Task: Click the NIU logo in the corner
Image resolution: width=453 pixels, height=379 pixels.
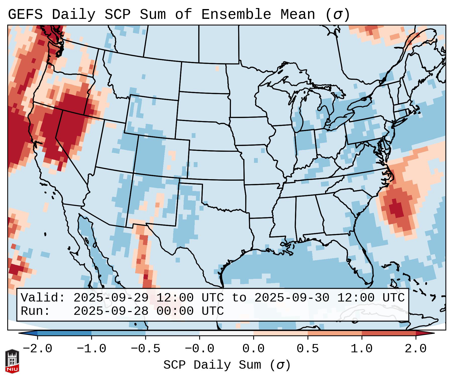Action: [12, 361]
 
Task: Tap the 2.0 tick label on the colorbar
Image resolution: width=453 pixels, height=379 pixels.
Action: [416, 349]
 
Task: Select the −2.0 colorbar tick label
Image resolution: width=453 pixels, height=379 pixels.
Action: [37, 349]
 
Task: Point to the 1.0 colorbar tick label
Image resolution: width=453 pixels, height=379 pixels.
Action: [362, 349]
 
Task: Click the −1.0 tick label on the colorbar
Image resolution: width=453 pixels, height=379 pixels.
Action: [91, 349]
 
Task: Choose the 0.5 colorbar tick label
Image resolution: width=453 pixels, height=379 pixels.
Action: [308, 349]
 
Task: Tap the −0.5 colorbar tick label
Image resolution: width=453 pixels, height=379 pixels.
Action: [145, 349]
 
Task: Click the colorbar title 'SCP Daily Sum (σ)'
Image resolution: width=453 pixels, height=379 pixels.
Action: [227, 365]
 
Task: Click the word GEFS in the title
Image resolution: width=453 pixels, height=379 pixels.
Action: [25, 14]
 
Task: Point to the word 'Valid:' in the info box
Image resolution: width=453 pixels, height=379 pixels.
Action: [43, 298]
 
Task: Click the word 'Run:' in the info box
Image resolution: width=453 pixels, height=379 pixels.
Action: [35, 311]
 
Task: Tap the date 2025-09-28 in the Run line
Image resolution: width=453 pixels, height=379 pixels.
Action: [111, 311]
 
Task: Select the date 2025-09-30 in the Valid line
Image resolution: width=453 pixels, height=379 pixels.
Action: [292, 298]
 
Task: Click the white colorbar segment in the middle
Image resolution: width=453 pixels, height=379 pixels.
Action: [226, 333]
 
